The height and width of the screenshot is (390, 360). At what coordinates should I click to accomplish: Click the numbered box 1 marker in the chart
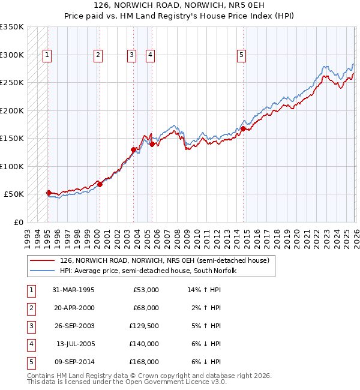point(47,55)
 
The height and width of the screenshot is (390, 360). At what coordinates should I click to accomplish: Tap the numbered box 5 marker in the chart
point(241,55)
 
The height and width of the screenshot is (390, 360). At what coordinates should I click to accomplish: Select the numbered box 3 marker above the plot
point(131,55)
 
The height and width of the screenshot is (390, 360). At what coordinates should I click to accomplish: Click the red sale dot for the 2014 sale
point(244,128)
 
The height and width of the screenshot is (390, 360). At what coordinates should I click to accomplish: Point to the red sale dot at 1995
point(49,193)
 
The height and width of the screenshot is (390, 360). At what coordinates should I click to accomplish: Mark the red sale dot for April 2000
point(100,184)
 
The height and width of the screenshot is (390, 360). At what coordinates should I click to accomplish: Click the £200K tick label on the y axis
point(11,110)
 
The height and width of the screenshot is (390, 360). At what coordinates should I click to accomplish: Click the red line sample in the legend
point(43,261)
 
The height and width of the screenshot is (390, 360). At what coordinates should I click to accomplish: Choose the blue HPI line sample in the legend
point(43,271)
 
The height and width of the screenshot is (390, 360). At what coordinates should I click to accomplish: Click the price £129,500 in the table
point(144,326)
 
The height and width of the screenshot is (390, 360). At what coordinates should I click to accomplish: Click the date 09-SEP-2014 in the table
point(74,362)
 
